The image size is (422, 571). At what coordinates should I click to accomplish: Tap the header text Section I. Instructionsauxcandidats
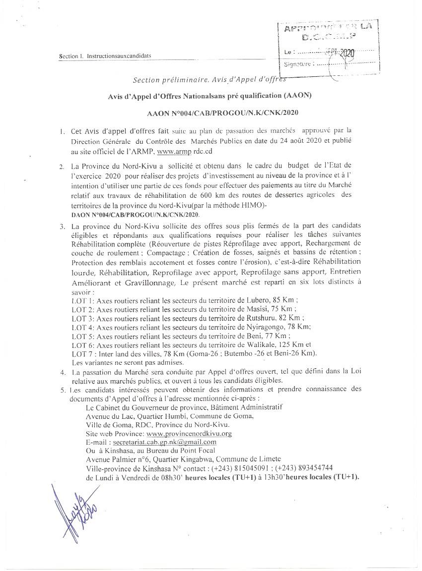click(x=105, y=57)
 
